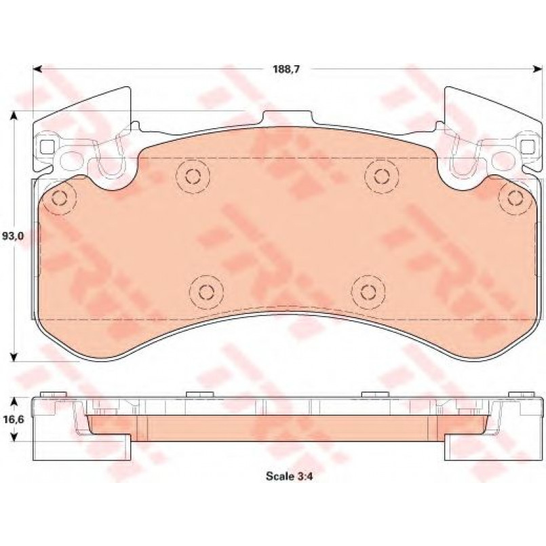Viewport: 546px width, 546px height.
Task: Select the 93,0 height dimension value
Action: tap(14, 236)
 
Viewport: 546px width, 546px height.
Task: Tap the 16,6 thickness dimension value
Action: tap(14, 420)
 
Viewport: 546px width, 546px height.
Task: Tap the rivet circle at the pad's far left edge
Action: tap(60, 198)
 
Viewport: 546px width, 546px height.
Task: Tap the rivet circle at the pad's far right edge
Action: tap(513, 198)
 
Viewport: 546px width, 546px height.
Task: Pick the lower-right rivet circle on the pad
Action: tap(368, 292)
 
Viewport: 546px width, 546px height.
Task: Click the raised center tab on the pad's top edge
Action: tap(285, 119)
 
